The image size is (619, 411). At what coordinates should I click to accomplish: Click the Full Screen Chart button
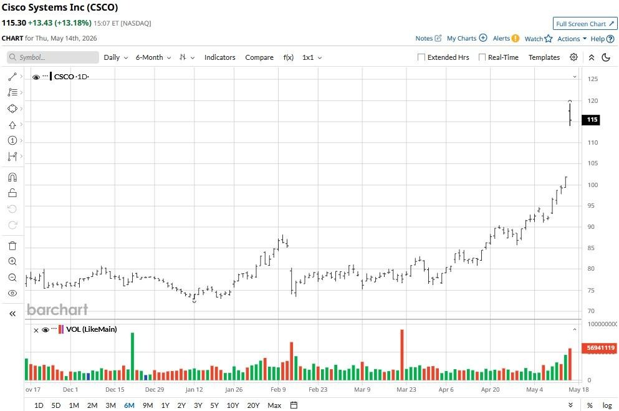(585, 24)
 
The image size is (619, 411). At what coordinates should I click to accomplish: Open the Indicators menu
(219, 57)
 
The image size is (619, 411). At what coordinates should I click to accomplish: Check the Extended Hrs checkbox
(421, 57)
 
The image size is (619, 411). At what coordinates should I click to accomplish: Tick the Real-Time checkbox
(482, 57)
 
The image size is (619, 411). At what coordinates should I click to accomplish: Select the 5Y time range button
(214, 405)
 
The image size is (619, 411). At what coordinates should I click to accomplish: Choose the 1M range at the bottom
(74, 405)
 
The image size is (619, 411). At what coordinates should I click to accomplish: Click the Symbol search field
(53, 57)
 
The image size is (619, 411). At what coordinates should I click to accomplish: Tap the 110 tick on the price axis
(593, 143)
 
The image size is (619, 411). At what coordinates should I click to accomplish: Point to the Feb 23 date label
(318, 389)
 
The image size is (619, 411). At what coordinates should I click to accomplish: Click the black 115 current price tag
(591, 120)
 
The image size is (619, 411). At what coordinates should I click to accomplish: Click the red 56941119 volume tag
(600, 348)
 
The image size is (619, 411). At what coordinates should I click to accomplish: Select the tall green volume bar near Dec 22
(132, 357)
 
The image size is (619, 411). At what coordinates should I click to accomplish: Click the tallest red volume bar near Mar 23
(402, 355)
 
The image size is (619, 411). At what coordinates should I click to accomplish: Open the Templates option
(544, 57)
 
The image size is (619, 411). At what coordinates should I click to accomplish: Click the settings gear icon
(573, 57)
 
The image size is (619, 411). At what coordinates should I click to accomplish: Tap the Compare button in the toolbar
(259, 57)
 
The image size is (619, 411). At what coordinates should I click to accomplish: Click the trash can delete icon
(12, 246)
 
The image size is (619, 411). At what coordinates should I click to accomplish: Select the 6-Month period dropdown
(153, 57)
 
